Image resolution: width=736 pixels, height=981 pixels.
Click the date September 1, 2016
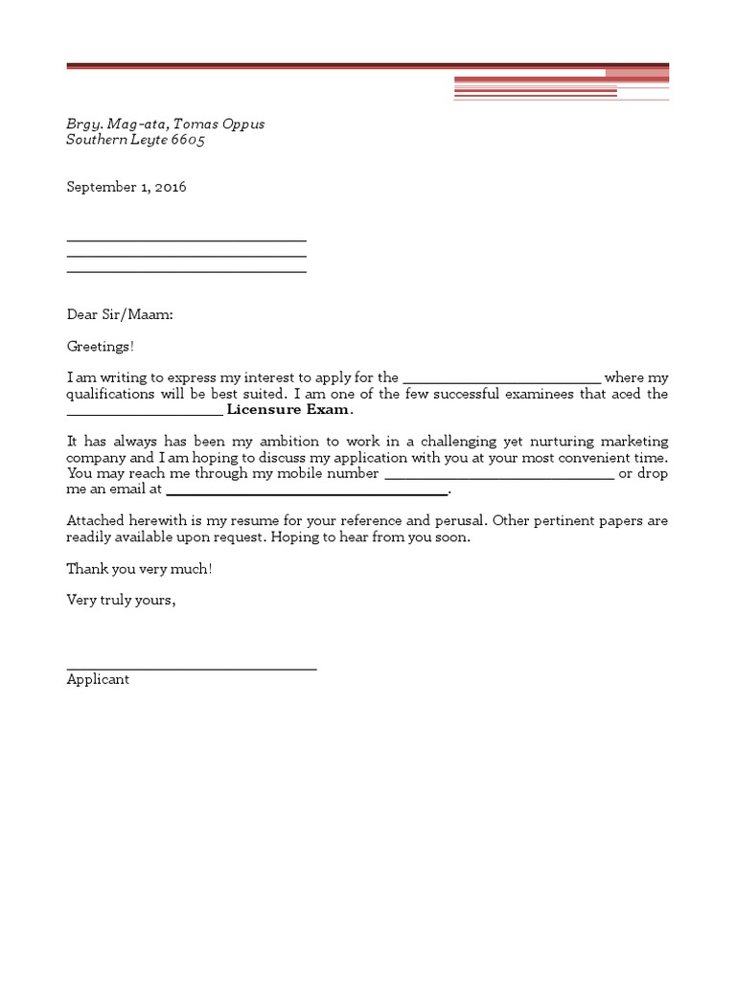pyautogui.click(x=126, y=188)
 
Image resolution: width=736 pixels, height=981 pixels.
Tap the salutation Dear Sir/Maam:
pyautogui.click(x=120, y=314)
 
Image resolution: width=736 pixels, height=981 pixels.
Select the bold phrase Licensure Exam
pyautogui.click(x=288, y=410)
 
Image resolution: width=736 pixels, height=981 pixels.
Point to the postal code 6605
pyautogui.click(x=188, y=140)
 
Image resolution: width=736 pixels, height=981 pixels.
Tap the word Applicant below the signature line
pyautogui.click(x=98, y=680)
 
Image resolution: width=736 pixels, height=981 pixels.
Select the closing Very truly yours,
pyautogui.click(x=121, y=601)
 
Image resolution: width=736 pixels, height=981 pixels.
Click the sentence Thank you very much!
pyautogui.click(x=139, y=569)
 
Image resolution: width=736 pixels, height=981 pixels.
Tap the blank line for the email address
pyautogui.click(x=307, y=492)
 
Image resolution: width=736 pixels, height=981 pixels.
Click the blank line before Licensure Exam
pyautogui.click(x=144, y=413)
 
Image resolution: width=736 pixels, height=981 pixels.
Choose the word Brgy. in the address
pyautogui.click(x=82, y=125)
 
